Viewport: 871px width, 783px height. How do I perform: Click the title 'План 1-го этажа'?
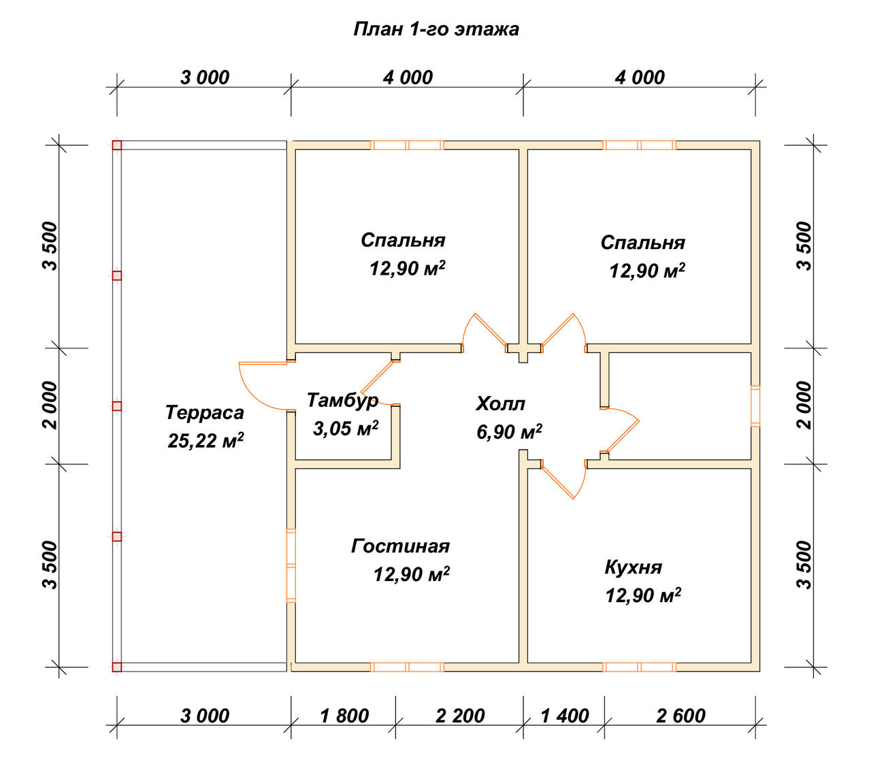pos(436,29)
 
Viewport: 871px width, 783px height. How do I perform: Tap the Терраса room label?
pos(205,413)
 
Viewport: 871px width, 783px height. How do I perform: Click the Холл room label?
pos(501,404)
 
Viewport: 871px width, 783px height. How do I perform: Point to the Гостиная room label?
pos(400,546)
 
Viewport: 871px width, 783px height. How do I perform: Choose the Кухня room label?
pos(634,567)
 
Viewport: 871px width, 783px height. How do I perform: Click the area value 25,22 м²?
pos(206,441)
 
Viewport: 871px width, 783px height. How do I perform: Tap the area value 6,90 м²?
pos(509,432)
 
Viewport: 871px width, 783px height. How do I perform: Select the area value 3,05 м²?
pos(346,429)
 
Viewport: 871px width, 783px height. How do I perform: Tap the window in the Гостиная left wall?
pos(291,565)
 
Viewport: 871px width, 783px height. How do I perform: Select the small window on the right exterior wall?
pos(755,406)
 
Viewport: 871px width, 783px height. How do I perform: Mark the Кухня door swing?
pos(563,478)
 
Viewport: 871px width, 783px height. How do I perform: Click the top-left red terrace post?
pos(117,145)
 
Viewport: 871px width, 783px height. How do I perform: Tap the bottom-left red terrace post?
pos(117,667)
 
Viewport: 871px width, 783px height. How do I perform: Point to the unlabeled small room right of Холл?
pos(680,406)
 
